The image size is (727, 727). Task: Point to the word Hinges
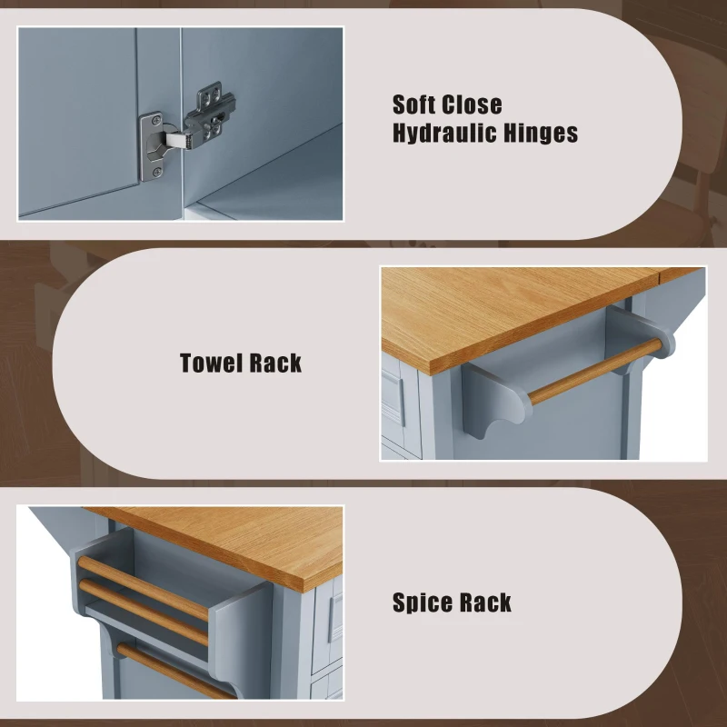tap(542, 134)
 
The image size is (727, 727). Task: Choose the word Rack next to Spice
tap(484, 603)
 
